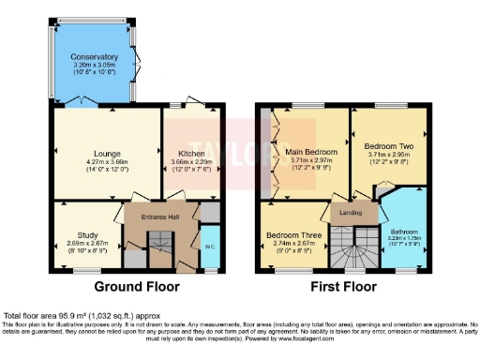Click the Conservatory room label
pos(94,56)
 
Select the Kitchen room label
pos(191,153)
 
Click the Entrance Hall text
pos(152,217)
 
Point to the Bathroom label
pos(405,232)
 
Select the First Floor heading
pos(344,287)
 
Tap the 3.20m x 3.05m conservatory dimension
pos(94,65)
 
